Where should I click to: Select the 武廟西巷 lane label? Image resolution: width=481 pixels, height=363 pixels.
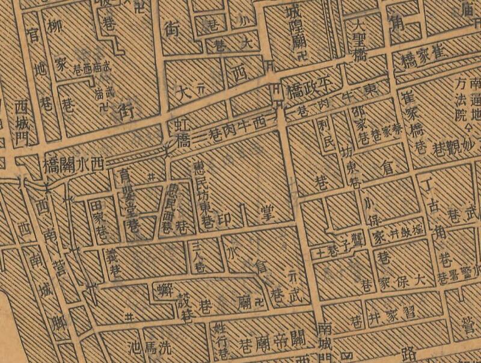(90, 68)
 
